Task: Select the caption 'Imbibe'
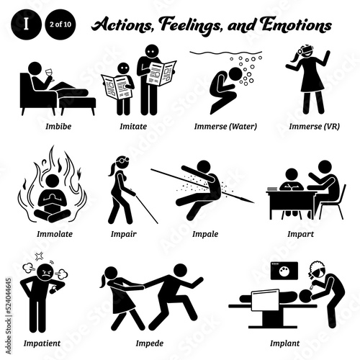(x=41, y=127)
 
